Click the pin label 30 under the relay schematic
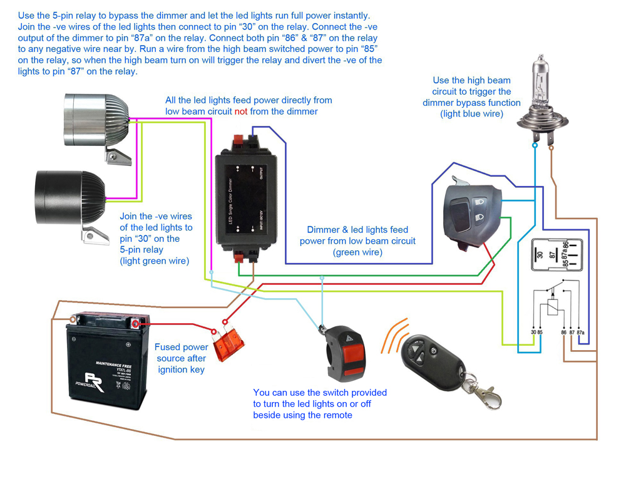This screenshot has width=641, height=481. click(532, 333)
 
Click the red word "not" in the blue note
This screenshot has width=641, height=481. click(241, 111)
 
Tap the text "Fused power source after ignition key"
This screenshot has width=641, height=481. click(182, 358)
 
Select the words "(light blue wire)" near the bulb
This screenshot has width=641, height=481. click(471, 114)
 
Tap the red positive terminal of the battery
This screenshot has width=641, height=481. click(136, 324)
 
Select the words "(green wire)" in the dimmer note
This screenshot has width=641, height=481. click(357, 252)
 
